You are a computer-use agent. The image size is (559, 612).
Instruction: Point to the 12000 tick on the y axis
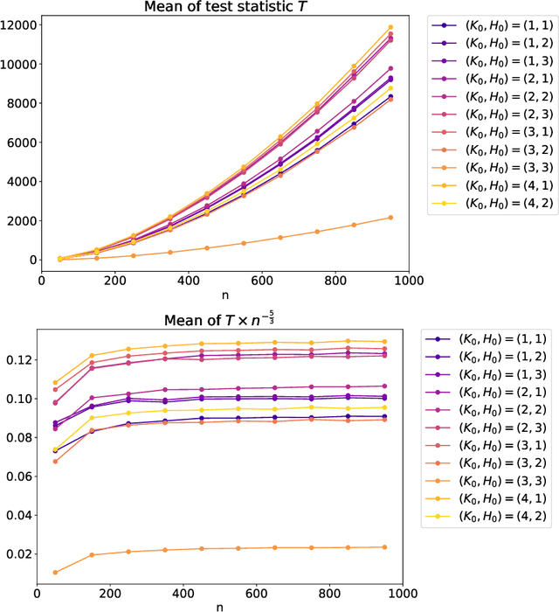pyautogui.click(x=19, y=25)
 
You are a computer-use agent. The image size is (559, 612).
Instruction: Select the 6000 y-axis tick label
pyautogui.click(x=22, y=143)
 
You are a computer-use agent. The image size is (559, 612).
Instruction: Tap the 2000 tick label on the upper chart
pyautogui.click(x=22, y=220)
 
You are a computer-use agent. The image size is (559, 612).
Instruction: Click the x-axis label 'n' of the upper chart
pyautogui.click(x=226, y=296)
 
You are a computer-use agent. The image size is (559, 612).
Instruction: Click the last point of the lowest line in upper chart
pyautogui.click(x=390, y=218)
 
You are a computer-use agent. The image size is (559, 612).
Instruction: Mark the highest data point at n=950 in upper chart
pyautogui.click(x=390, y=27)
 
